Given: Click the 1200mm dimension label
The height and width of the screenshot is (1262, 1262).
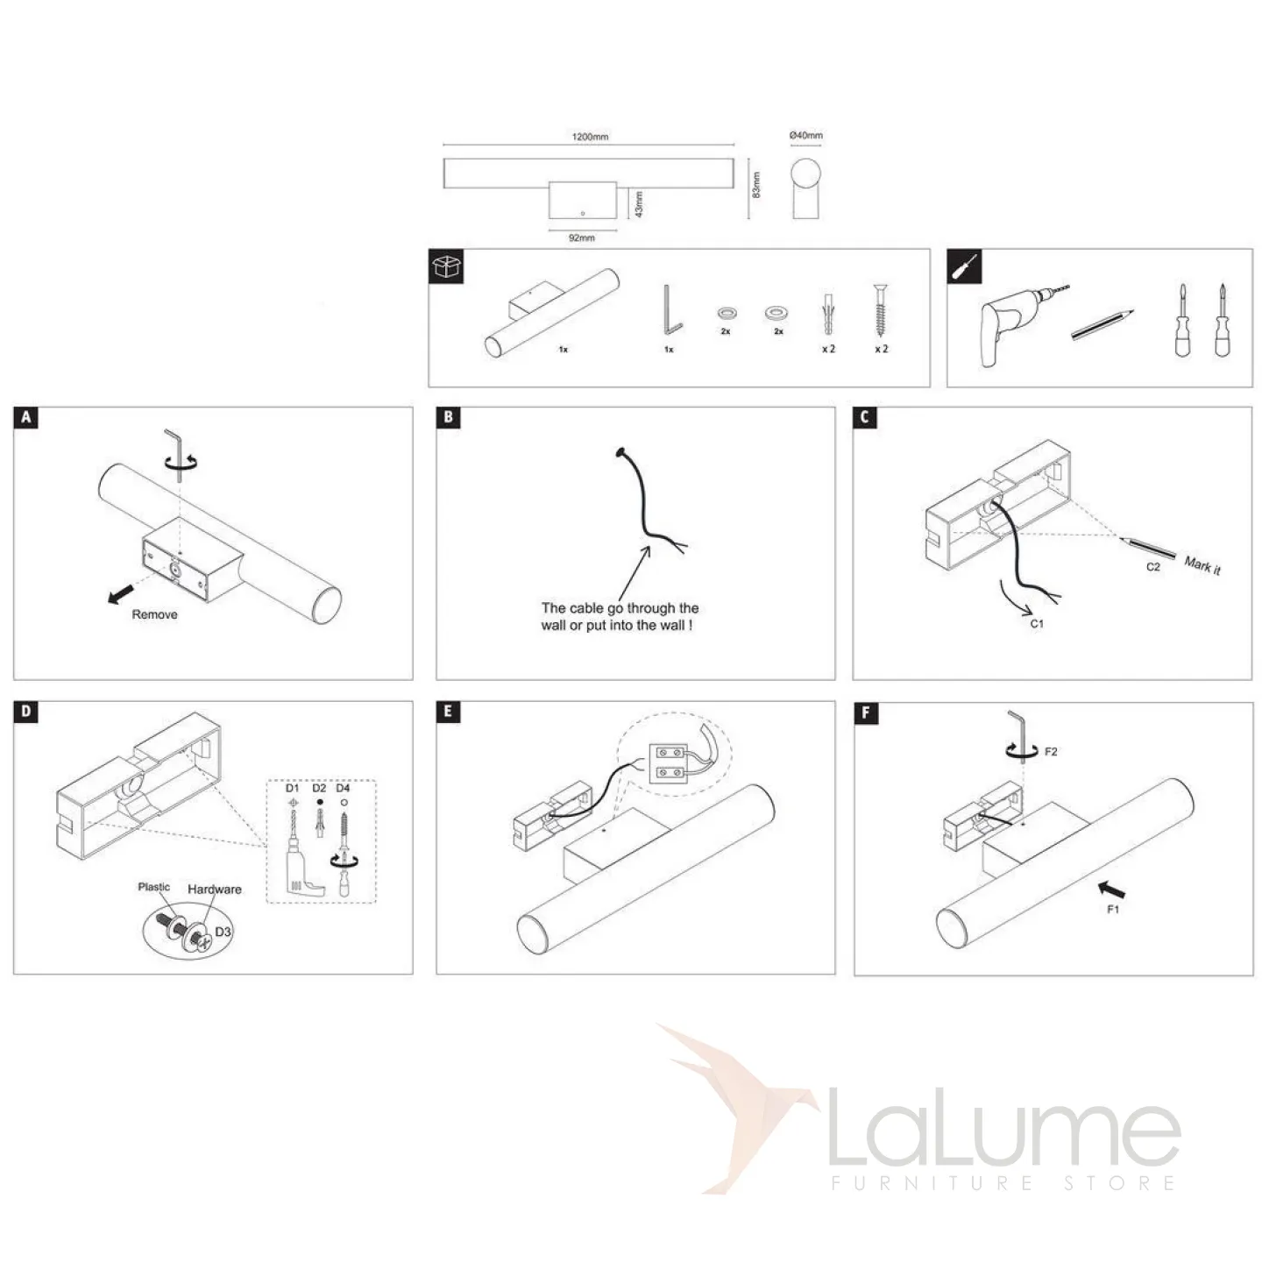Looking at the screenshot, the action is [590, 137].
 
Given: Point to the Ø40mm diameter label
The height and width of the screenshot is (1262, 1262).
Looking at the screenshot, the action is [805, 136].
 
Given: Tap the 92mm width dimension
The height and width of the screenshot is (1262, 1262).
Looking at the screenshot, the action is [581, 238].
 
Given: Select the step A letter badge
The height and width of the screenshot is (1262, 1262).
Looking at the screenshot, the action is [25, 417].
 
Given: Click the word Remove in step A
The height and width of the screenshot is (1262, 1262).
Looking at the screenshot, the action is [154, 614].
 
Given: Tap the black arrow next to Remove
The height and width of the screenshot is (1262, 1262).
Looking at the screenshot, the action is [121, 595].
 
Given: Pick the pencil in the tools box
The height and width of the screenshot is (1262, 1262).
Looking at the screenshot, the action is [1102, 325].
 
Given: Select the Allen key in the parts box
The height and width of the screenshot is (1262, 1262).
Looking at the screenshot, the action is [672, 309].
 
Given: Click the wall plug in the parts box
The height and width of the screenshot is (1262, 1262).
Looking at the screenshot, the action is [828, 314].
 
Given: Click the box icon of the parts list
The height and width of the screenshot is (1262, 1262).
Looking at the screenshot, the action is [446, 266].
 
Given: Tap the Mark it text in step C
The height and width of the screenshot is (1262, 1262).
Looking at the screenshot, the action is [1202, 564].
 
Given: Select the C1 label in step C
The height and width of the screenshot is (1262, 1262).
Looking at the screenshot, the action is [1037, 623].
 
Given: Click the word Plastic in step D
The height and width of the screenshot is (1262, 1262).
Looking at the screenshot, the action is [154, 887].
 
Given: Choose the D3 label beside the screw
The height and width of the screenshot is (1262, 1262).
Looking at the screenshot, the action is [223, 932].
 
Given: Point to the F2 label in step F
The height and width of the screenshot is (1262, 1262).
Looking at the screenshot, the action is [1051, 752].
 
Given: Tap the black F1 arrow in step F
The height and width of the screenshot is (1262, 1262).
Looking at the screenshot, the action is [1111, 890].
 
